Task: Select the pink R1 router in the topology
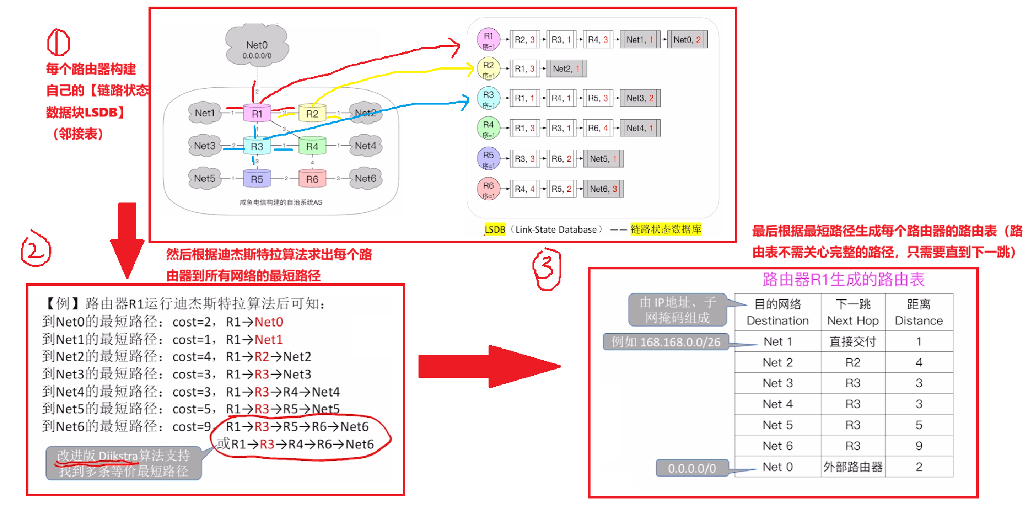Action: pos(257,113)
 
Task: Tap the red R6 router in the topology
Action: pos(312,179)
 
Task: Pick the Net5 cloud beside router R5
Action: pos(204,178)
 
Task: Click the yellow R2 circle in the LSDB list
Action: pos(488,68)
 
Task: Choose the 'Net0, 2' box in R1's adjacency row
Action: pos(687,40)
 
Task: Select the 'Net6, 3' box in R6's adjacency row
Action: pos(603,189)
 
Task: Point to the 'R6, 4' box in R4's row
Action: pos(598,128)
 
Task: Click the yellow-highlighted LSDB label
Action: pos(495,230)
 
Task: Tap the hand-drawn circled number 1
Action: pos(59,43)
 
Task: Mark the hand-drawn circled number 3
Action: pos(546,269)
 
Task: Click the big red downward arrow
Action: pos(127,239)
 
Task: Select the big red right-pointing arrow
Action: pos(488,366)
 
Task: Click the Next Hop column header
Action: pos(853,312)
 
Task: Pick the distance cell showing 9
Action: pos(919,446)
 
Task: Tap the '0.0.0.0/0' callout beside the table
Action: pos(692,468)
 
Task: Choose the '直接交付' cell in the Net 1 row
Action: pos(853,342)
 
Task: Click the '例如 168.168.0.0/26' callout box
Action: pos(666,342)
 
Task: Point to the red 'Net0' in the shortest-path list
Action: pos(269,322)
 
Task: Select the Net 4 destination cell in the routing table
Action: pos(778,404)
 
